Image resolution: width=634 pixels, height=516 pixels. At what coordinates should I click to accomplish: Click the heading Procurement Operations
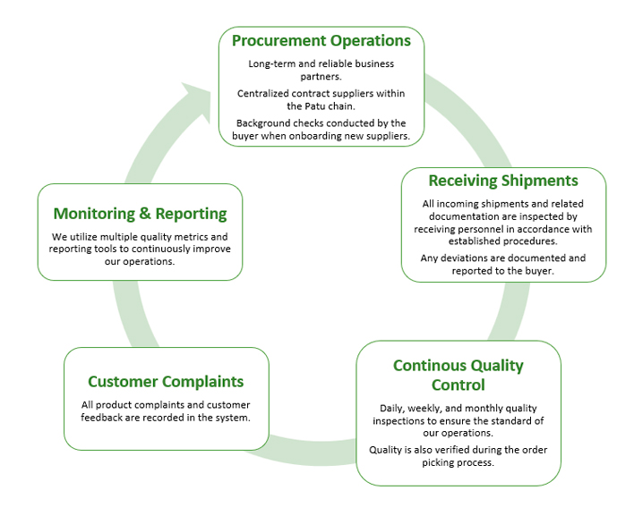point(321,41)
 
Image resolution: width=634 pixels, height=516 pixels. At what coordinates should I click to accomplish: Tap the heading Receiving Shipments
point(502,182)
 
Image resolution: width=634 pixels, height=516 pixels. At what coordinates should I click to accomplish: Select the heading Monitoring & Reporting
point(140,214)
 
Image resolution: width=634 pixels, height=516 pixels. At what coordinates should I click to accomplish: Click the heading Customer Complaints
point(166,382)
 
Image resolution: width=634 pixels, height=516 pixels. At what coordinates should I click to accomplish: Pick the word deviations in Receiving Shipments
point(475,258)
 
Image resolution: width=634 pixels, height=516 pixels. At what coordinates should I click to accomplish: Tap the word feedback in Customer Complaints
point(105,418)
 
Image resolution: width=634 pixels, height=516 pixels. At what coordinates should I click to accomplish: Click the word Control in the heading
point(458,385)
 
